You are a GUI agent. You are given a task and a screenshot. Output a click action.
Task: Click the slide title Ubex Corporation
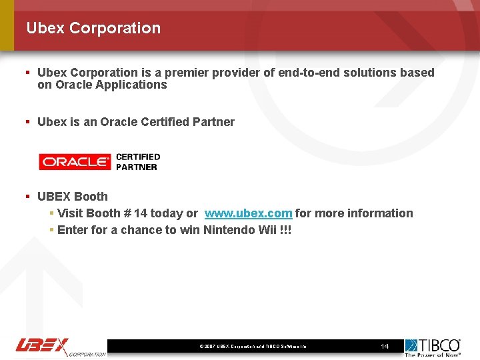point(93,28)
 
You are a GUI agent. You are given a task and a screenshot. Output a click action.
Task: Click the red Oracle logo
point(74,161)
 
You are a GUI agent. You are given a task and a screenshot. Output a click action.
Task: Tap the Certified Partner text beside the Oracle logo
point(138,162)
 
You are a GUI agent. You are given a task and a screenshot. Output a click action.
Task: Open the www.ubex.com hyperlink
point(248,213)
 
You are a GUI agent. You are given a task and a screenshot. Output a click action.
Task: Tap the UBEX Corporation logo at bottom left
point(60,346)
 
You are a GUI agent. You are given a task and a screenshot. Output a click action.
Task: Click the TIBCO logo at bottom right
point(433,347)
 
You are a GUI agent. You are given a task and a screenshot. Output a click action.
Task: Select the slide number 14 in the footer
point(385,347)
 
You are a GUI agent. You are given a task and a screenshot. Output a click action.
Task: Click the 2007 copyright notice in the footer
point(253,347)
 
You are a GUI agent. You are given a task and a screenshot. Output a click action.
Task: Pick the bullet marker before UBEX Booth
point(27,197)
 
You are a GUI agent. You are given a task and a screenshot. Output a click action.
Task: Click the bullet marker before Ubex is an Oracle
point(27,122)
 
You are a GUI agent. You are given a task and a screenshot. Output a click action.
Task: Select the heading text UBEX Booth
point(73,197)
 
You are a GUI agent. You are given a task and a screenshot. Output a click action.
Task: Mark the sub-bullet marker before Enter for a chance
point(51,230)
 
